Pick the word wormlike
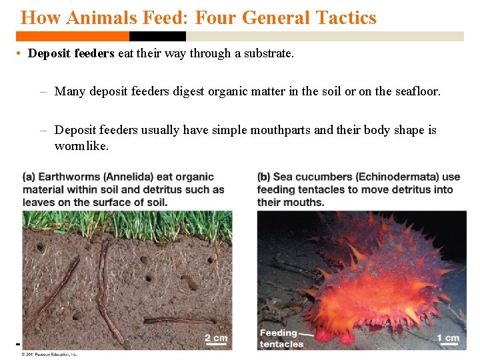81,145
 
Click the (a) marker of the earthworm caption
29,177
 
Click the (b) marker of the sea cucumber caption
264,177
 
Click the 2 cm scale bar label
215,337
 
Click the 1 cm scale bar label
448,338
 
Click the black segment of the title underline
157,36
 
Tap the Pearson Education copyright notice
50,355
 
